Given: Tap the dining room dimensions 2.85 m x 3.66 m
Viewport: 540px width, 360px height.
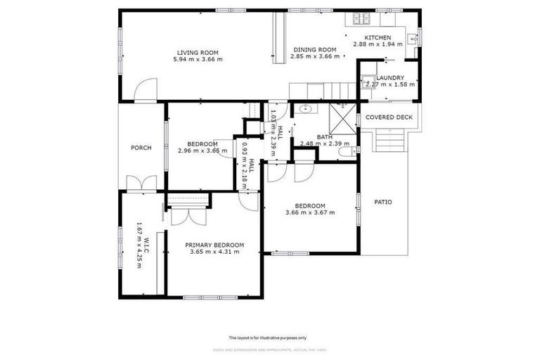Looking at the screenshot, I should [x=314, y=57].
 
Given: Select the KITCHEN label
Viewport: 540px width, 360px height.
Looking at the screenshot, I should [x=378, y=37].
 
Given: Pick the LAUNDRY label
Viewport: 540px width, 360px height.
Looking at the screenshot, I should [x=390, y=78].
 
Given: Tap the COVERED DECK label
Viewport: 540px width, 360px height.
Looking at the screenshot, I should [x=389, y=117].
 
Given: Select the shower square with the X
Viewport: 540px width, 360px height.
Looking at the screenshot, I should [x=343, y=117].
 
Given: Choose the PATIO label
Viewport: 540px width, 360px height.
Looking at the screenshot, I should [x=383, y=202].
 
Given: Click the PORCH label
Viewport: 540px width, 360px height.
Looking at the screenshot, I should [x=141, y=148].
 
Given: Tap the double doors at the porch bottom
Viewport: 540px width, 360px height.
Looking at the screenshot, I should [x=141, y=184].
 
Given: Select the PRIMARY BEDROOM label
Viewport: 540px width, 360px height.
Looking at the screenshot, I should [x=214, y=245].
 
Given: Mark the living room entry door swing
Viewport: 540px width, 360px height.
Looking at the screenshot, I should [x=143, y=91].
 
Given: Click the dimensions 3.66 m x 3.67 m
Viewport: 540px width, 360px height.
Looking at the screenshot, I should [x=309, y=212].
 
